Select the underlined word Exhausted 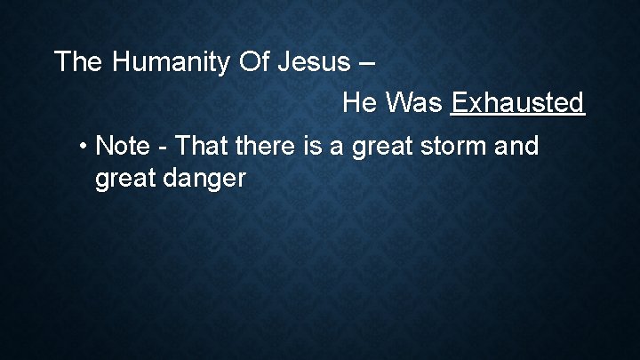click(517, 103)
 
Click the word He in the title click(360, 103)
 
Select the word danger click(204, 179)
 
